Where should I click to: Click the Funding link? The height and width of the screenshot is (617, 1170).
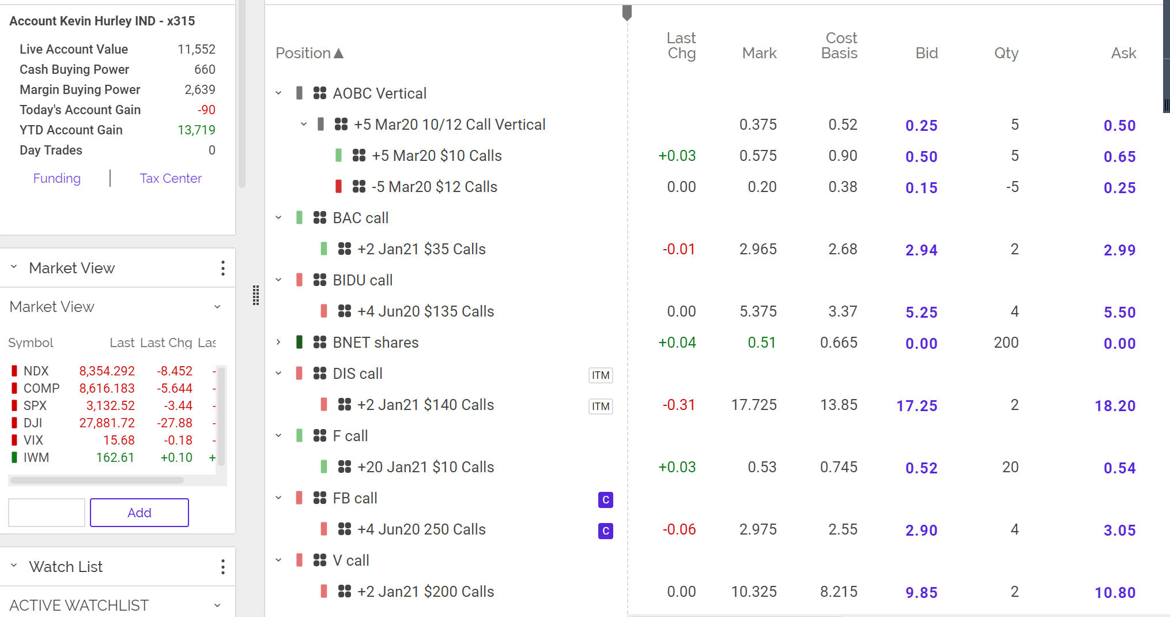point(56,179)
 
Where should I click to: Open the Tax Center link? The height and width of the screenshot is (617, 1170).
point(171,179)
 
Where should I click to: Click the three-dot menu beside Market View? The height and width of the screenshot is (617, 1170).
point(223,268)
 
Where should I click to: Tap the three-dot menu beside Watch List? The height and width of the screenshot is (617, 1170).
point(223,567)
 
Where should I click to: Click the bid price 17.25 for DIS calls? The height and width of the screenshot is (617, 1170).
point(916,406)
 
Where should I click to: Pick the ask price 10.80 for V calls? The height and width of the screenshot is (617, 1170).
point(1115,593)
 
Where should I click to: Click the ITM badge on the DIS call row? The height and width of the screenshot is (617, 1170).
point(601,375)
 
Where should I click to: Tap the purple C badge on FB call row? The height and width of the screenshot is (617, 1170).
point(605,500)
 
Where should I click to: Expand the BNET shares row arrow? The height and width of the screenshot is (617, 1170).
point(278,343)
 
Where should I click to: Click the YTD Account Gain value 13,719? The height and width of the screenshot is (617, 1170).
point(196,130)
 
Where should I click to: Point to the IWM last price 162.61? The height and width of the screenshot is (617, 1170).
point(115,458)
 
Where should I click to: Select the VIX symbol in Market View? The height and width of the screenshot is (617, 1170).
point(33,441)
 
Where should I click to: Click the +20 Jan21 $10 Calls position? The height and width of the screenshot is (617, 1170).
point(425,467)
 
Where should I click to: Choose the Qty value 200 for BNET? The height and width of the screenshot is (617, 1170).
point(1006,343)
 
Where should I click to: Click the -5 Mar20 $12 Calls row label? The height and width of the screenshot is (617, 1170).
point(434,187)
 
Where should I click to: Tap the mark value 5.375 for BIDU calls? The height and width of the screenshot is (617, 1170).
point(758,311)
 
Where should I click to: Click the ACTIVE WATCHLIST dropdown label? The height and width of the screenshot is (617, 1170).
point(79,605)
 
